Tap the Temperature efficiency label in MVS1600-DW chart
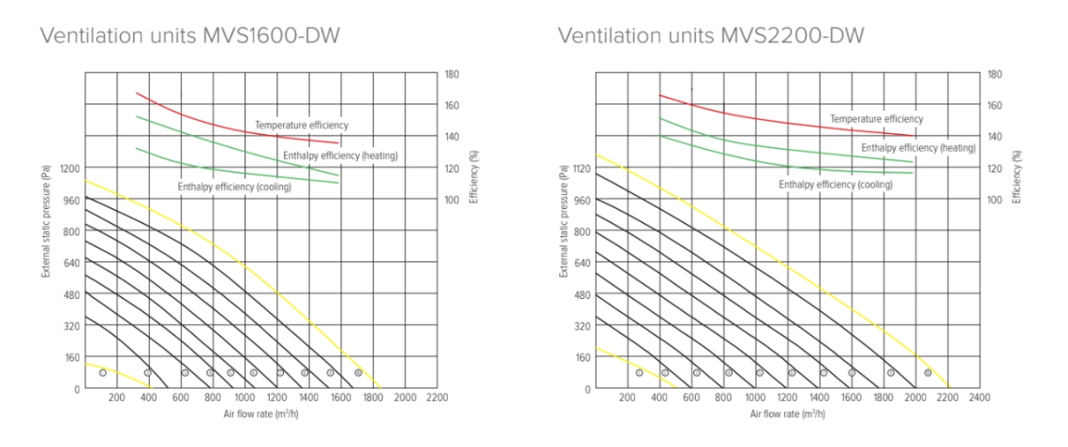(x=302, y=125)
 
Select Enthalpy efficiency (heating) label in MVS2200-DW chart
(x=918, y=148)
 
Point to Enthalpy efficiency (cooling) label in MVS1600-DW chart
(x=234, y=187)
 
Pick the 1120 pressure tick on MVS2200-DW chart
(x=582, y=169)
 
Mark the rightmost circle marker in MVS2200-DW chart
(x=927, y=373)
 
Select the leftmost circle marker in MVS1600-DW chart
(x=103, y=373)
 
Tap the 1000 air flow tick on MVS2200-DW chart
(x=755, y=398)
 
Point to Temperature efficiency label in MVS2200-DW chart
(x=876, y=119)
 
